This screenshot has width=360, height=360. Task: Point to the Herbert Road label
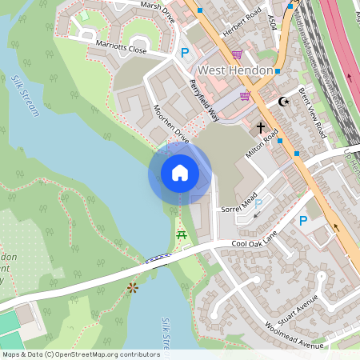[x=242, y=18]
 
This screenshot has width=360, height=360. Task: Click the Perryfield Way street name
[x=204, y=98]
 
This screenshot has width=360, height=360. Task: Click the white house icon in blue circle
[x=180, y=172]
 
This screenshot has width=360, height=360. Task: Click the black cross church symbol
[x=259, y=127]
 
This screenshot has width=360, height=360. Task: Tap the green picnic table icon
[x=182, y=235]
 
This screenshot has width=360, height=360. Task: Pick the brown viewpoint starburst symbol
[x=132, y=286]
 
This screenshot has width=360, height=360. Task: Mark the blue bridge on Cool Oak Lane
[x=158, y=257]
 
